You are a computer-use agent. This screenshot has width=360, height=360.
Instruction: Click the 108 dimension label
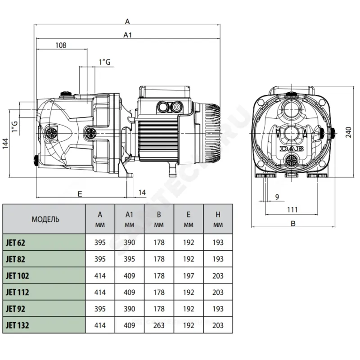coord(60,45)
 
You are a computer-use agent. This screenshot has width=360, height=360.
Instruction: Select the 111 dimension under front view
coord(293,209)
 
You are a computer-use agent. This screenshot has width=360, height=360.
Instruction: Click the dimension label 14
coord(142,193)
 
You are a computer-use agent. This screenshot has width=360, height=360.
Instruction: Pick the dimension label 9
coord(277,197)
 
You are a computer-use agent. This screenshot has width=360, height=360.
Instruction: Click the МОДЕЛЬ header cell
coord(45,220)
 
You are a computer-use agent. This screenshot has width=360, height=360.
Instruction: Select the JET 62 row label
coord(16,243)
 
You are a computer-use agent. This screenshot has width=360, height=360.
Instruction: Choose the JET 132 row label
coord(18,325)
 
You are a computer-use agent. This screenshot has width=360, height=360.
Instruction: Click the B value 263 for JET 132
coord(159,325)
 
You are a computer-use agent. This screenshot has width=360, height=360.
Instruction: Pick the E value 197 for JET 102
coord(189,275)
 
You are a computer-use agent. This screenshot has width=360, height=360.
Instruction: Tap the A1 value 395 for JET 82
coord(129,259)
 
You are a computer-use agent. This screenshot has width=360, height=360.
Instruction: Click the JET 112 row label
coord(18,292)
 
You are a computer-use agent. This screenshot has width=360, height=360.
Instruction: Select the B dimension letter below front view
coord(293,223)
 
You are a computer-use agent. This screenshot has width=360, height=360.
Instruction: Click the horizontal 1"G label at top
coord(104,62)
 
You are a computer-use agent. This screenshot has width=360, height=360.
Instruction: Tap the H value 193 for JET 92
coord(218,309)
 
